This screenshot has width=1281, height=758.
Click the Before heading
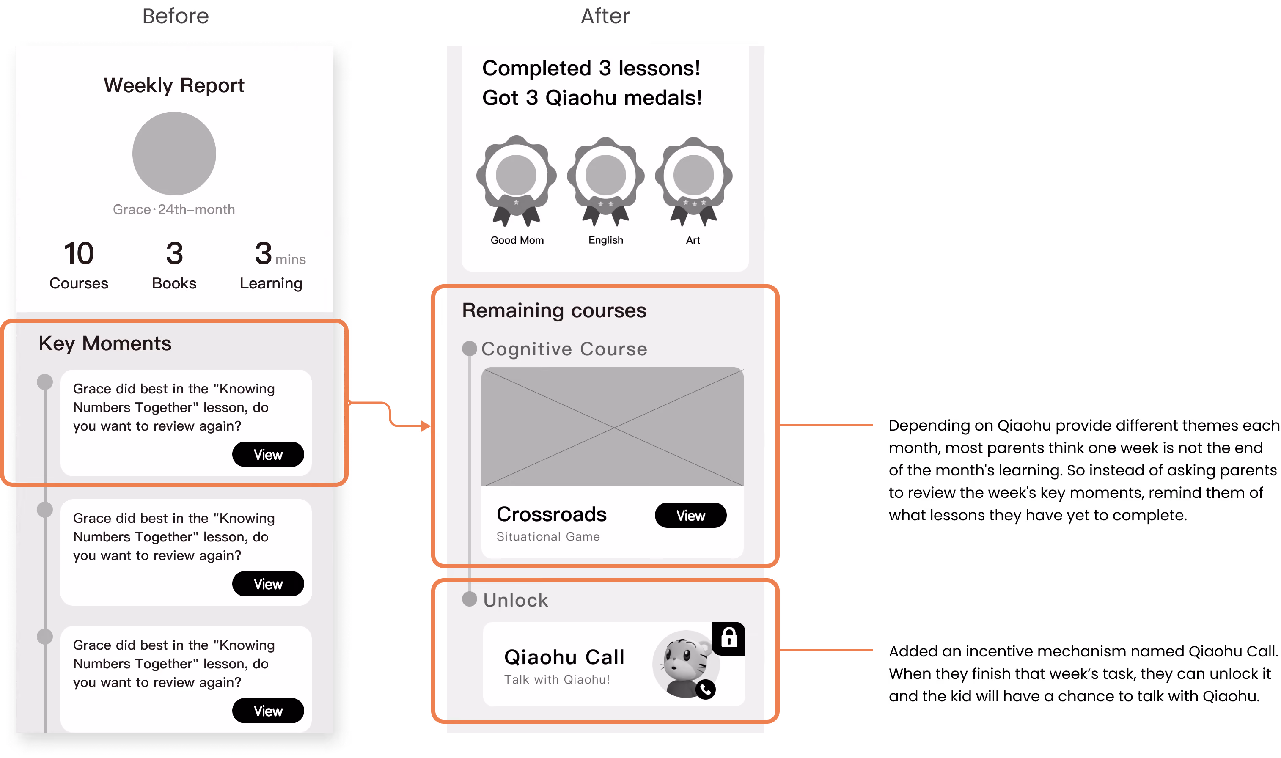click(x=175, y=16)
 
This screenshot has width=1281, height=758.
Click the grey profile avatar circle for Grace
click(x=174, y=153)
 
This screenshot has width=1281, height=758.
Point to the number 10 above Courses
click(x=79, y=253)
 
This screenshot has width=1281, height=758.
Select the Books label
click(x=174, y=283)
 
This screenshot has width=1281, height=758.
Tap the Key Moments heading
click(x=105, y=343)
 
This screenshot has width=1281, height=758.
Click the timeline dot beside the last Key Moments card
click(x=45, y=637)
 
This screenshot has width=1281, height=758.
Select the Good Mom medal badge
click(x=517, y=180)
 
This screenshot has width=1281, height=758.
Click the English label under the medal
click(x=605, y=240)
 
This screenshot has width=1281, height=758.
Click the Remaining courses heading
click(x=554, y=310)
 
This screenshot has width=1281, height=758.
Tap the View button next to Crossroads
click(x=690, y=515)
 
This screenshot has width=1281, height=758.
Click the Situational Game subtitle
click(x=548, y=536)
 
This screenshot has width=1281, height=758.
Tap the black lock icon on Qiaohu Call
click(x=728, y=638)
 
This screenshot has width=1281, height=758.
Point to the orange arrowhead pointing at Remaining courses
click(x=426, y=426)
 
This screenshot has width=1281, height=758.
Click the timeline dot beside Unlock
click(x=470, y=599)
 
